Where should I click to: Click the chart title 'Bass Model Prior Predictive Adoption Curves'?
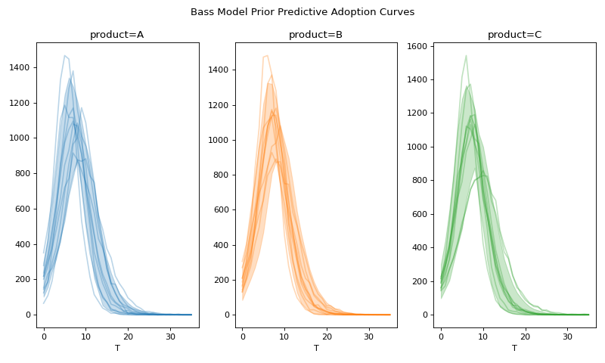coord(302,12)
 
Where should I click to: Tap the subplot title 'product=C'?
coord(514,35)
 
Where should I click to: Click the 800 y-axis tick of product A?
coord(23,174)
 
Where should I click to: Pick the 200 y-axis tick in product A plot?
coord(23,280)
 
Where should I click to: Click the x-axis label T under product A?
coord(117,348)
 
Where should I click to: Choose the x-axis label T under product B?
coord(316,348)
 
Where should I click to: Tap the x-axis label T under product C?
coord(514,348)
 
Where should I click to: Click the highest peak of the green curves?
coord(466,55)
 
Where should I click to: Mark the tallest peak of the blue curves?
coord(65,55)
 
